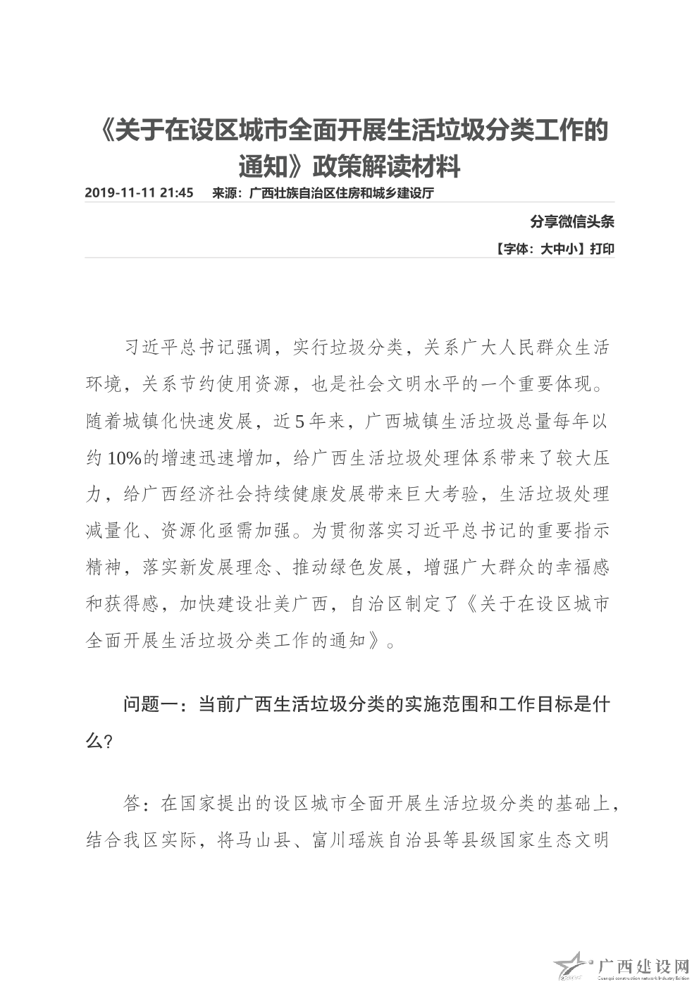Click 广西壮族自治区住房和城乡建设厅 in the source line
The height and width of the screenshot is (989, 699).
coord(341,192)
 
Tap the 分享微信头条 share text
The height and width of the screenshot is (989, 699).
coord(572,222)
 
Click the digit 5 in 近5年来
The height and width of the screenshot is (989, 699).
coord(299,422)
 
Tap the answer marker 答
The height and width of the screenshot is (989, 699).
coord(132,803)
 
